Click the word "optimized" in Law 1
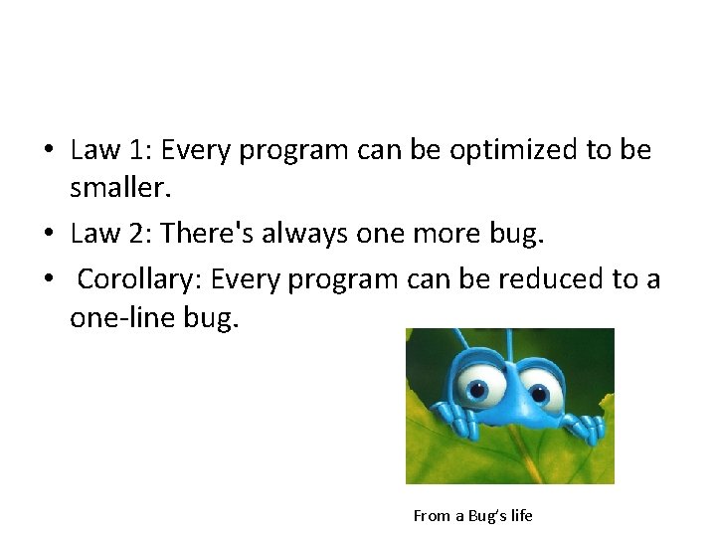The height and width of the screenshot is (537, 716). [x=512, y=151]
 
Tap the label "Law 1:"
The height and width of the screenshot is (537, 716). [x=111, y=151]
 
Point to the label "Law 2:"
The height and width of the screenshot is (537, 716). [x=111, y=234]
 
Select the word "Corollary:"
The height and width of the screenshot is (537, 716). [x=139, y=279]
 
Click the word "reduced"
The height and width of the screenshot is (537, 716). [x=552, y=279]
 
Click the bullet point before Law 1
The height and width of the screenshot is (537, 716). [x=48, y=152]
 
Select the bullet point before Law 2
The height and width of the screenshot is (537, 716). [x=48, y=235]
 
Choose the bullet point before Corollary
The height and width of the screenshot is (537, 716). [x=48, y=280]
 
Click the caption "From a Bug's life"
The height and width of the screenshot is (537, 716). [x=472, y=515]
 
